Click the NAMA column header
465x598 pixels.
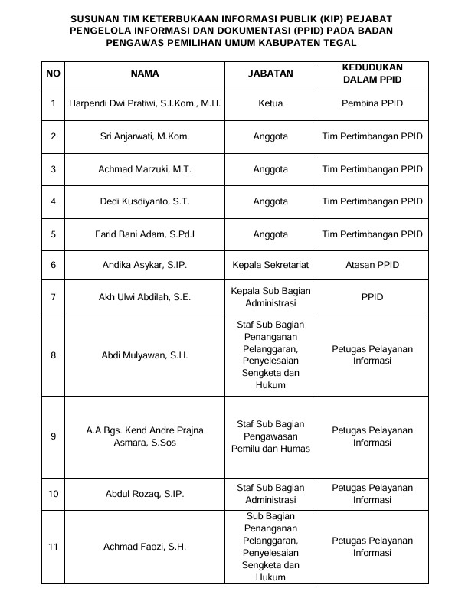(x=145, y=74)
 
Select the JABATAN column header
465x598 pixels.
(x=270, y=74)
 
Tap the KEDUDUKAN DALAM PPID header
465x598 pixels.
(x=372, y=74)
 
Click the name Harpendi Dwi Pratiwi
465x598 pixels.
(x=145, y=103)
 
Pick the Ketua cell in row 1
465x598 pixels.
(x=270, y=103)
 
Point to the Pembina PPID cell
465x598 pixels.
(x=372, y=103)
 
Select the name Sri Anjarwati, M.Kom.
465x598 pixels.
(x=145, y=136)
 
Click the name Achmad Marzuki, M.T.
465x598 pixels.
(x=145, y=168)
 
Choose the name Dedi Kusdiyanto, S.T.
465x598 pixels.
(x=145, y=201)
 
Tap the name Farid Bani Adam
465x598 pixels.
(x=145, y=234)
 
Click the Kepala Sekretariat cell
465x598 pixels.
(x=270, y=266)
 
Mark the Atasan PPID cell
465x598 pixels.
(x=372, y=266)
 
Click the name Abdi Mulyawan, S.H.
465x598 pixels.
(x=145, y=355)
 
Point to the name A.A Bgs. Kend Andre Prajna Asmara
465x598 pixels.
(x=145, y=436)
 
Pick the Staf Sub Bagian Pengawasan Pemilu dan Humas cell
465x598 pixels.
(x=270, y=436)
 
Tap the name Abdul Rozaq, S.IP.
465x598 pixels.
(x=145, y=494)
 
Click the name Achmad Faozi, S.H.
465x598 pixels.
(x=145, y=547)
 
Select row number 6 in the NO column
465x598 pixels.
(x=53, y=266)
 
